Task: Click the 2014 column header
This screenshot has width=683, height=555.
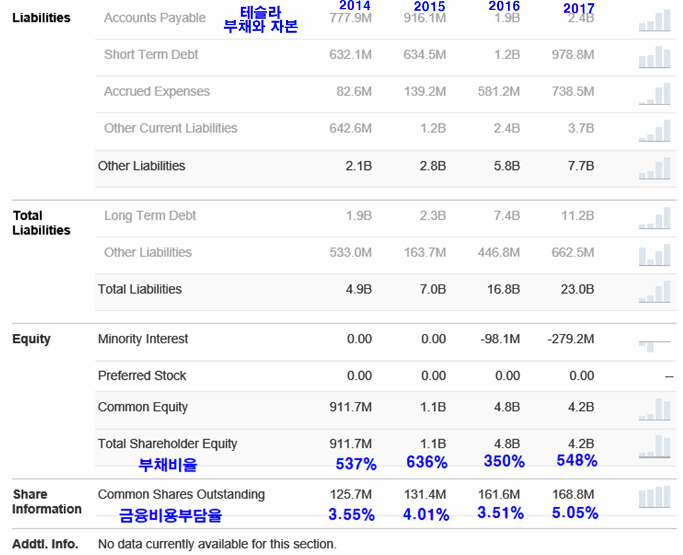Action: pyautogui.click(x=354, y=6)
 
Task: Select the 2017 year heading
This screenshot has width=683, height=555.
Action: pyautogui.click(x=578, y=8)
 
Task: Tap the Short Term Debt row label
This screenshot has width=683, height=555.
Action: pyautogui.click(x=151, y=55)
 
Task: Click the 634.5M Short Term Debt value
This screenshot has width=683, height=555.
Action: pyautogui.click(x=424, y=55)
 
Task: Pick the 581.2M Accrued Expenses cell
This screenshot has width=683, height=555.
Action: pyautogui.click(x=498, y=91)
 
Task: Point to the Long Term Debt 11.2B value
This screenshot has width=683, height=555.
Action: pyautogui.click(x=578, y=215)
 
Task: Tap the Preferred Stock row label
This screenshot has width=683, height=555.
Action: pyautogui.click(x=142, y=376)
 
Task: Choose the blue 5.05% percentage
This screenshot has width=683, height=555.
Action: pyautogui.click(x=574, y=514)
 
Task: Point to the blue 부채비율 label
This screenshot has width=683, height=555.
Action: pyautogui.click(x=167, y=464)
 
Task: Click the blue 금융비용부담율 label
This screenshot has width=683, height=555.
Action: pyautogui.click(x=170, y=515)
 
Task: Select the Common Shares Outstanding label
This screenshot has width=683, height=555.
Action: pyautogui.click(x=181, y=494)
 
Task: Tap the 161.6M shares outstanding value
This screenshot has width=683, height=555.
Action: pyautogui.click(x=499, y=495)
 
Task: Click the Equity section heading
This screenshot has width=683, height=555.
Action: pyautogui.click(x=31, y=339)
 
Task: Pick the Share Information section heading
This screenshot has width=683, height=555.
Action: pyautogui.click(x=47, y=502)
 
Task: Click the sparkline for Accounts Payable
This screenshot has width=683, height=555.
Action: pyautogui.click(x=654, y=21)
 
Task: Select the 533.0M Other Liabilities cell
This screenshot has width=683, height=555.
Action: pyautogui.click(x=350, y=253)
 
